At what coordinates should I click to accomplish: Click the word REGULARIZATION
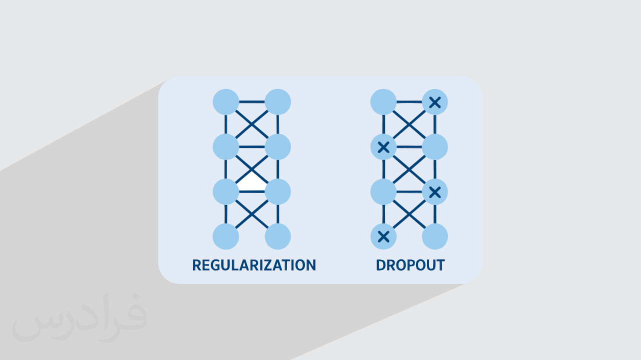click(x=254, y=265)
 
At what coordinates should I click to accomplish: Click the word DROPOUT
click(x=410, y=265)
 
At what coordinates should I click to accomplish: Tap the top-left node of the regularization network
click(x=225, y=102)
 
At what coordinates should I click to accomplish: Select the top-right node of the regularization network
click(x=277, y=102)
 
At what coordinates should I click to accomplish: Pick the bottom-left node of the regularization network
click(x=225, y=236)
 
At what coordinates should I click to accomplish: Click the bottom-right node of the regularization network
click(x=277, y=236)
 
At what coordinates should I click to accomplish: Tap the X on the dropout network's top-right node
click(x=435, y=102)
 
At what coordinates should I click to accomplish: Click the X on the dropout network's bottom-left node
click(x=383, y=236)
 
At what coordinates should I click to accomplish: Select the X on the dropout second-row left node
click(x=383, y=147)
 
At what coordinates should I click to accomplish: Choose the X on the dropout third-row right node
click(x=435, y=191)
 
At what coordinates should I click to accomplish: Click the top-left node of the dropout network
click(x=383, y=102)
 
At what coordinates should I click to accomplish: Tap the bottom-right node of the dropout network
click(x=435, y=236)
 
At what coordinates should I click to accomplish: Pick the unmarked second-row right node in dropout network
click(x=435, y=147)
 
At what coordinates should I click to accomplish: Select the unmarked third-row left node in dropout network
click(x=383, y=191)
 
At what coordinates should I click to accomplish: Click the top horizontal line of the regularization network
click(x=251, y=102)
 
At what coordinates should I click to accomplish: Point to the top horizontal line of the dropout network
click(x=409, y=102)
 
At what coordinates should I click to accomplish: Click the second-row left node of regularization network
click(x=225, y=147)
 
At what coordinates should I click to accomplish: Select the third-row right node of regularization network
click(x=277, y=191)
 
